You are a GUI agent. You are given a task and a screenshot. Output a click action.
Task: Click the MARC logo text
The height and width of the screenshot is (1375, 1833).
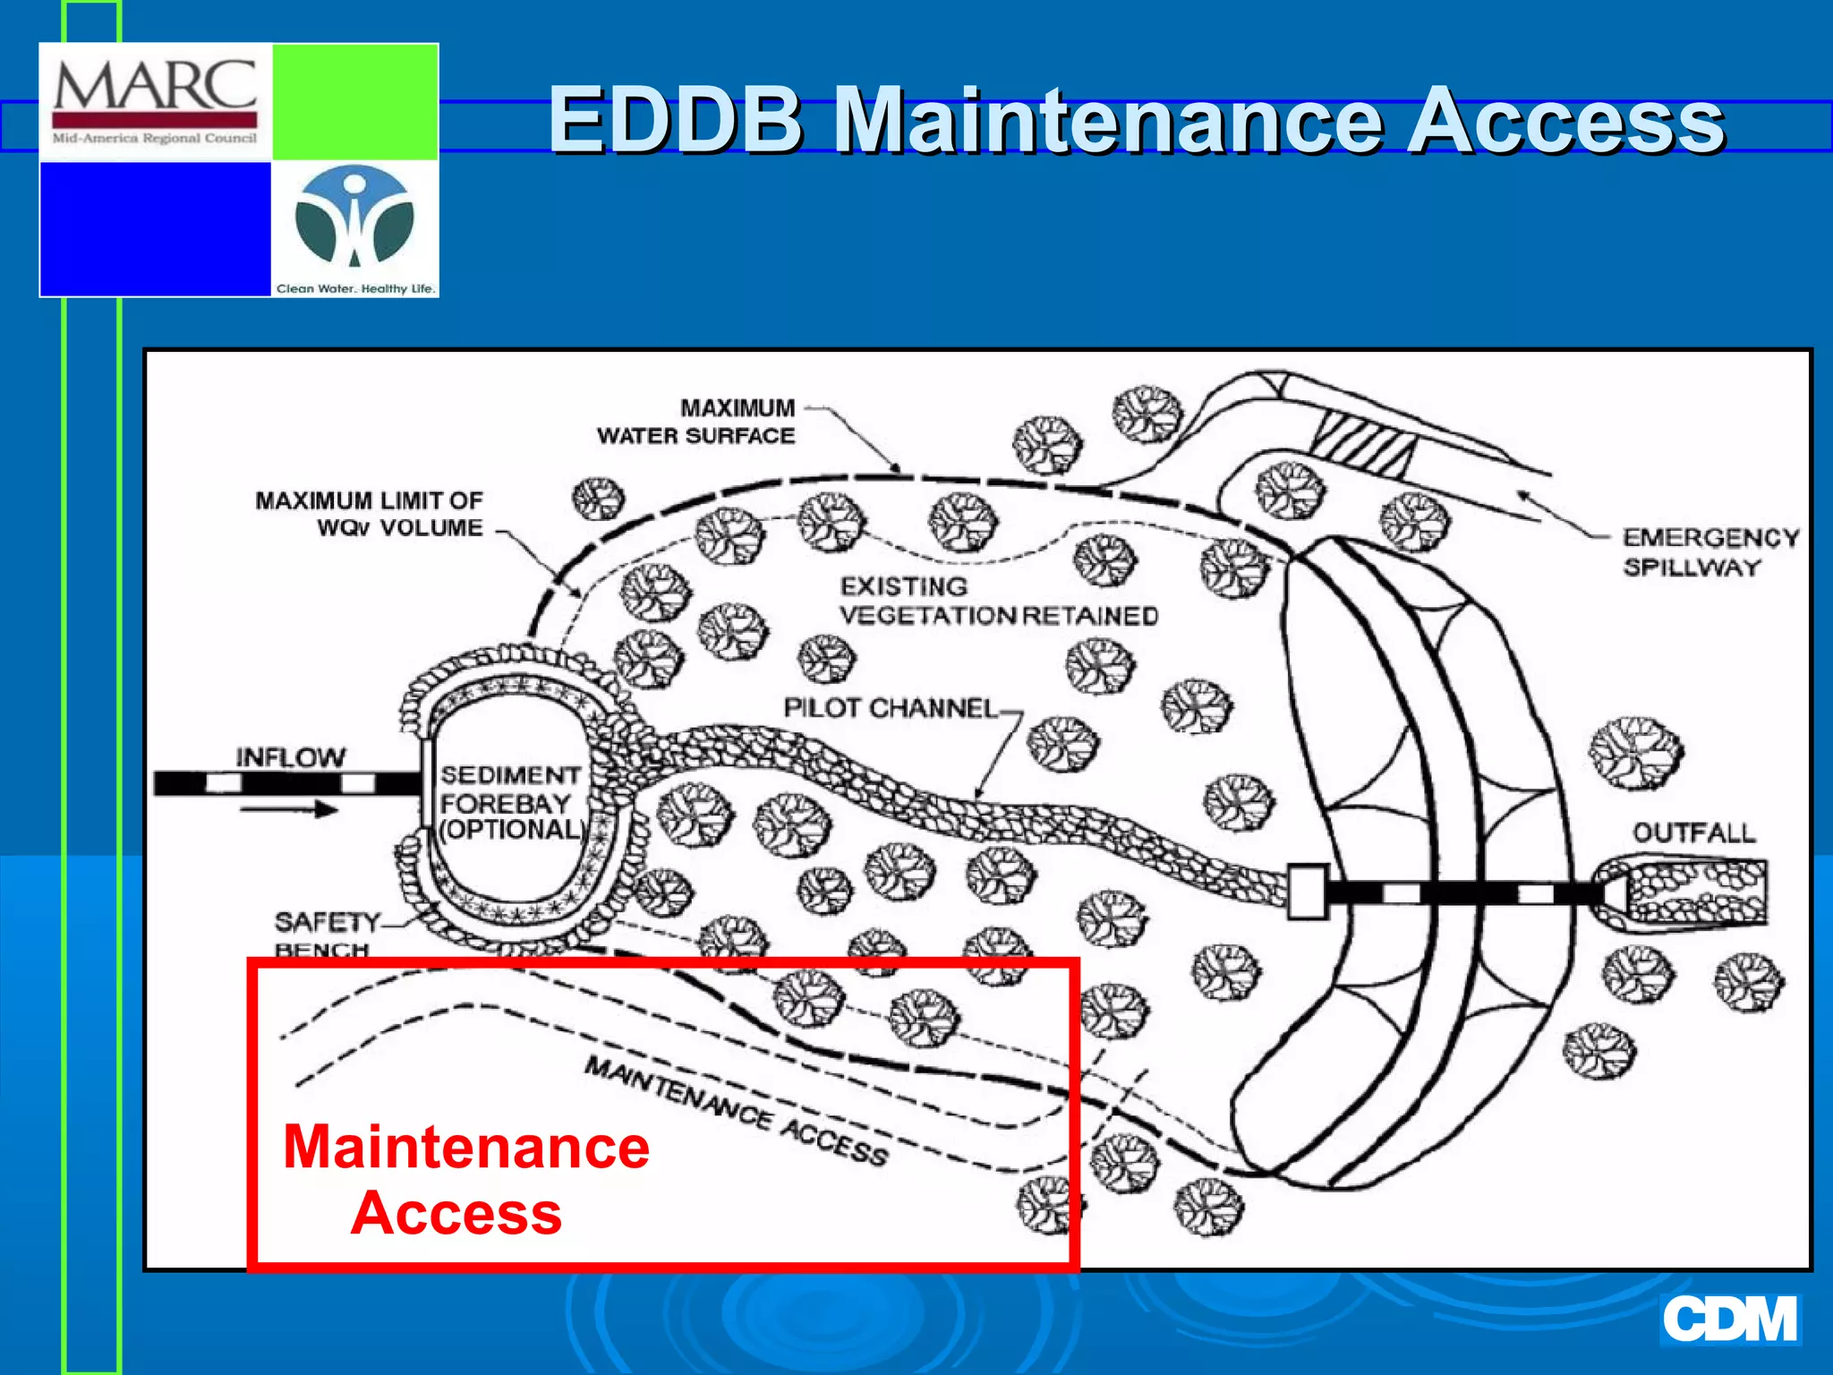155,87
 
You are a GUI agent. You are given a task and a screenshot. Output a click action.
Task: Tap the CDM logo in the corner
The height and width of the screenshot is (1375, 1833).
1729,1319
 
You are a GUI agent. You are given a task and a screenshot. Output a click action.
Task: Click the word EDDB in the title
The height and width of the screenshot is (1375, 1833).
676,120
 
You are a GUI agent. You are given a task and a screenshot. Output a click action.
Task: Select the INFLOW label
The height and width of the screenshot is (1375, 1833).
290,757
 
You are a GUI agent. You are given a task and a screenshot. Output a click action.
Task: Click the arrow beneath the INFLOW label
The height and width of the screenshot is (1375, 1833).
288,810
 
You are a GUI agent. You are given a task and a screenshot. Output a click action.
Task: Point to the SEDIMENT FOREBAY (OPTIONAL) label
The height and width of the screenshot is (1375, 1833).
510,802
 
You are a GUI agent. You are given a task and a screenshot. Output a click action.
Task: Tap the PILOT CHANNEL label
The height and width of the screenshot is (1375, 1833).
890,708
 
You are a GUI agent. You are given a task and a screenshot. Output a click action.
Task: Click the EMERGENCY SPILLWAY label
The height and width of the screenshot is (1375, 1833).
1709,551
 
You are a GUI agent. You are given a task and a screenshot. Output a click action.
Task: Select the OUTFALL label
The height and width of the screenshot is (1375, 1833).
1693,833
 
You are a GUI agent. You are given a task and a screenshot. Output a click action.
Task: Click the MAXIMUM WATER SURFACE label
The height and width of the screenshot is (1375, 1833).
696,422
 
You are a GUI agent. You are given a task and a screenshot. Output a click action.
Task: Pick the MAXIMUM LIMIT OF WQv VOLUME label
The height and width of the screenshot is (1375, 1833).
369,514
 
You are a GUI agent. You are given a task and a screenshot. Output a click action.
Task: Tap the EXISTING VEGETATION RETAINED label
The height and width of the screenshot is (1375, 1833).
998,602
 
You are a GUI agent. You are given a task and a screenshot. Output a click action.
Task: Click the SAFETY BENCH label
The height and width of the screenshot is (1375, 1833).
325,934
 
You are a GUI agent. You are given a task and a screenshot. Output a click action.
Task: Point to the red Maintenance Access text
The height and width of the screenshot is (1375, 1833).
465,1179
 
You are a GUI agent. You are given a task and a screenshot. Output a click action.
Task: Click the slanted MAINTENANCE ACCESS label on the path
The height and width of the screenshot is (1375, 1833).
736,1111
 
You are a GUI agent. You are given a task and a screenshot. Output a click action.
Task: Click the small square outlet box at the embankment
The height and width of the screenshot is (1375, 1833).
1307,892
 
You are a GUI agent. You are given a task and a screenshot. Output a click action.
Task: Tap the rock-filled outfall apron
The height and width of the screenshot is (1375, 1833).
1695,892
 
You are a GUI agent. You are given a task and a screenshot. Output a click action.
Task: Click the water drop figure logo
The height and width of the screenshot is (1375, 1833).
354,218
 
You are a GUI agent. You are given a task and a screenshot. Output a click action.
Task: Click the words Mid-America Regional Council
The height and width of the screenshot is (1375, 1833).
155,139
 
